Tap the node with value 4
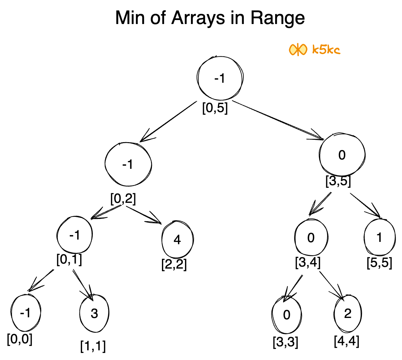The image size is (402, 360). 177,240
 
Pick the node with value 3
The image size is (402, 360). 94,314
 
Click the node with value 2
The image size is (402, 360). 348,314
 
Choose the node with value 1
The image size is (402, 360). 379,238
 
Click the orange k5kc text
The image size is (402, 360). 326,50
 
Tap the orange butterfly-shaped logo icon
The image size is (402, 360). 297,50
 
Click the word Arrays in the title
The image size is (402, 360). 198,18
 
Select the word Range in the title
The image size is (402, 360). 277,18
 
